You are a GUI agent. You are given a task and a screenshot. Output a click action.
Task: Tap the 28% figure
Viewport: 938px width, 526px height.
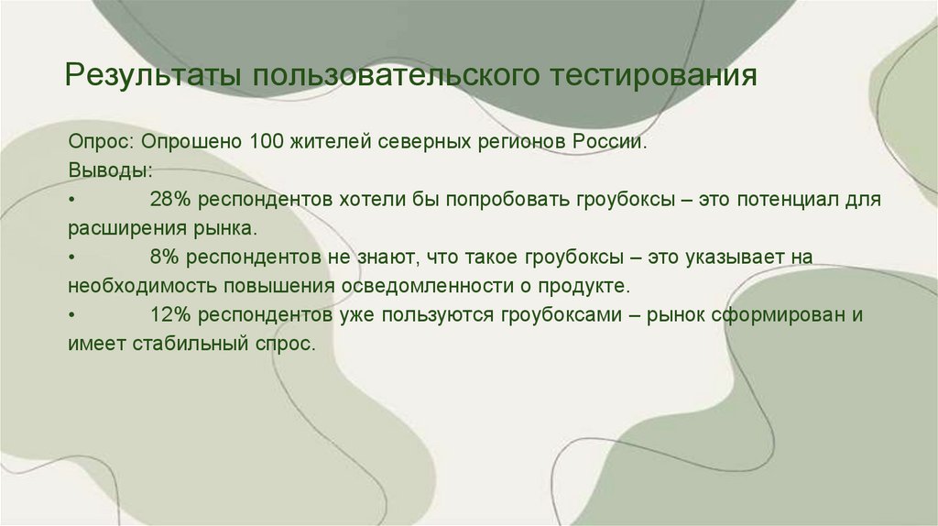(x=171, y=200)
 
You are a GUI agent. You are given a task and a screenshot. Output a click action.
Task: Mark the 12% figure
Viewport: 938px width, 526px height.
(x=171, y=315)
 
